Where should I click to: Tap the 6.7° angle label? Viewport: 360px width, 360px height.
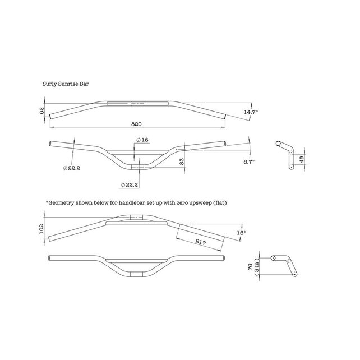(249, 161)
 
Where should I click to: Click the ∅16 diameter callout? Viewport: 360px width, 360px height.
(142, 140)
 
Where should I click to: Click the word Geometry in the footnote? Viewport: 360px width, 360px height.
(61, 201)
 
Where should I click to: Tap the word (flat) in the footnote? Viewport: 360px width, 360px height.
(221, 201)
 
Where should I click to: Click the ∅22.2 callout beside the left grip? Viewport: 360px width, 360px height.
(72, 168)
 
